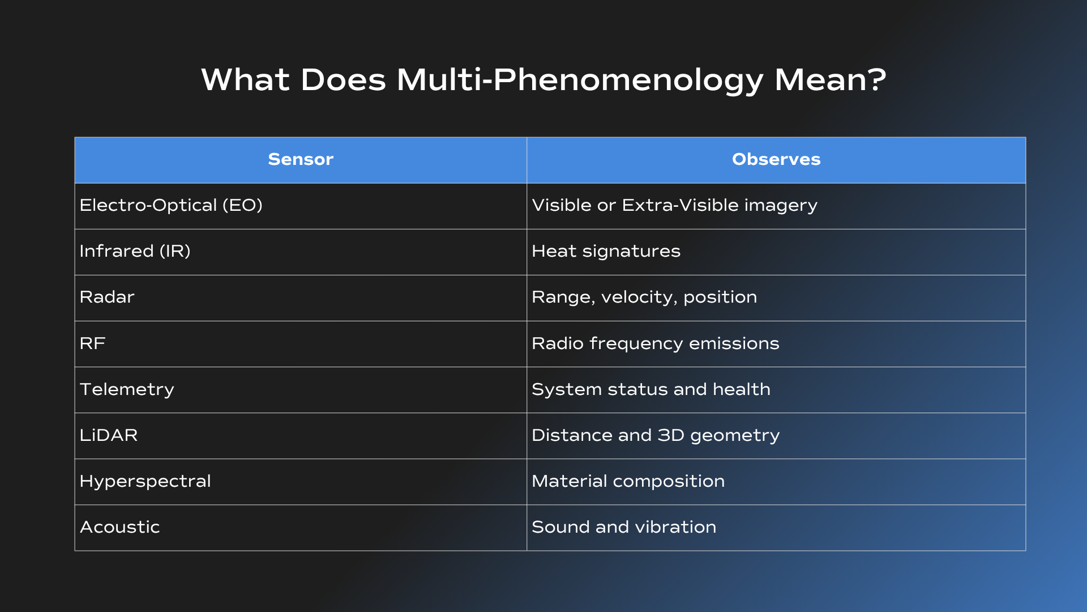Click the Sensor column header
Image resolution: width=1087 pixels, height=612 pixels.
click(301, 159)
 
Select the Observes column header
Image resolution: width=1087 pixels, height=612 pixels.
click(776, 159)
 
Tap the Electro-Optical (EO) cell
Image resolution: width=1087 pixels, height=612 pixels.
click(171, 205)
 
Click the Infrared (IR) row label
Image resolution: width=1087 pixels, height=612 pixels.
click(135, 251)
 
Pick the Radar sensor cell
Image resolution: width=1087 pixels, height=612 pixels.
click(107, 297)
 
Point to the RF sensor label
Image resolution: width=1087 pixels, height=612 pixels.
click(93, 343)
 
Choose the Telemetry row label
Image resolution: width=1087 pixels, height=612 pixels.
click(127, 390)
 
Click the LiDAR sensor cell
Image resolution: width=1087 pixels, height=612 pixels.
click(109, 435)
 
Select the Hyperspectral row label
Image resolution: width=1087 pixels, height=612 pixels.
click(145, 482)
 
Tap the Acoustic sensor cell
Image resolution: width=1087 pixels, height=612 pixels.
click(120, 527)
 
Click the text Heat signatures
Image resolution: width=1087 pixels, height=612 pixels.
click(606, 252)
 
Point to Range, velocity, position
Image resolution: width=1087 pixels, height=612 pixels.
click(644, 297)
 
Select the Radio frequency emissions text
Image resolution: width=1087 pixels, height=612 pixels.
click(656, 344)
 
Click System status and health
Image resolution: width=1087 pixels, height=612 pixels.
click(651, 389)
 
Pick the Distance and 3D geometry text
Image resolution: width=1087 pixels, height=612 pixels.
click(656, 436)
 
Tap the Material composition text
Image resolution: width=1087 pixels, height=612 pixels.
click(628, 482)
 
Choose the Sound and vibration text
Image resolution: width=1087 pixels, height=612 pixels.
click(624, 527)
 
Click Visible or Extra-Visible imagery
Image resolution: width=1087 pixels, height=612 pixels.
click(675, 206)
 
